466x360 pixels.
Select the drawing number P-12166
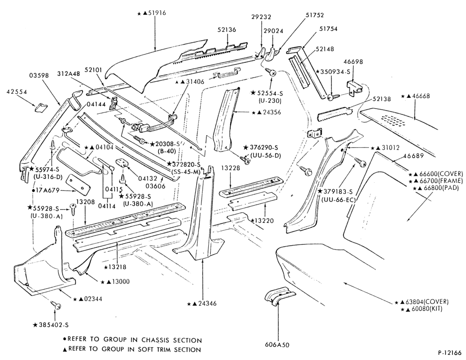[x=450, y=353]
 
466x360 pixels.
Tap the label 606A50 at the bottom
[x=277, y=345]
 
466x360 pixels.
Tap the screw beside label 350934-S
[x=333, y=97]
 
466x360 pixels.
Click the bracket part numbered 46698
[x=355, y=88]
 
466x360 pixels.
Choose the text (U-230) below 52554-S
[x=269, y=101]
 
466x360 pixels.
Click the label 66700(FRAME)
[x=438, y=180]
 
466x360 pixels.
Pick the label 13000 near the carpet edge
[x=120, y=282]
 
